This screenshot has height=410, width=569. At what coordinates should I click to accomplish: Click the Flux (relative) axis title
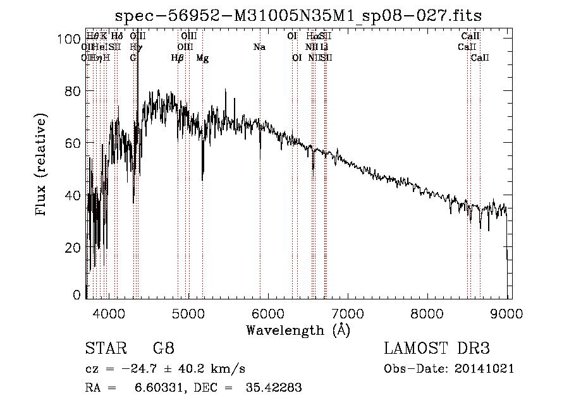(x=42, y=166)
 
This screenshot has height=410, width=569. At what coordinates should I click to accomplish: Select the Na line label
(x=259, y=47)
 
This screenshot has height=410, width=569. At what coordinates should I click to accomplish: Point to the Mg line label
(x=202, y=58)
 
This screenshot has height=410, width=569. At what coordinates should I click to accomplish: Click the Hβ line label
(x=178, y=58)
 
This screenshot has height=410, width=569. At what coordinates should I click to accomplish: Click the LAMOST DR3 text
(x=437, y=349)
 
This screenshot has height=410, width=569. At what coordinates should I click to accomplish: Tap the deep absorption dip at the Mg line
(x=202, y=177)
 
